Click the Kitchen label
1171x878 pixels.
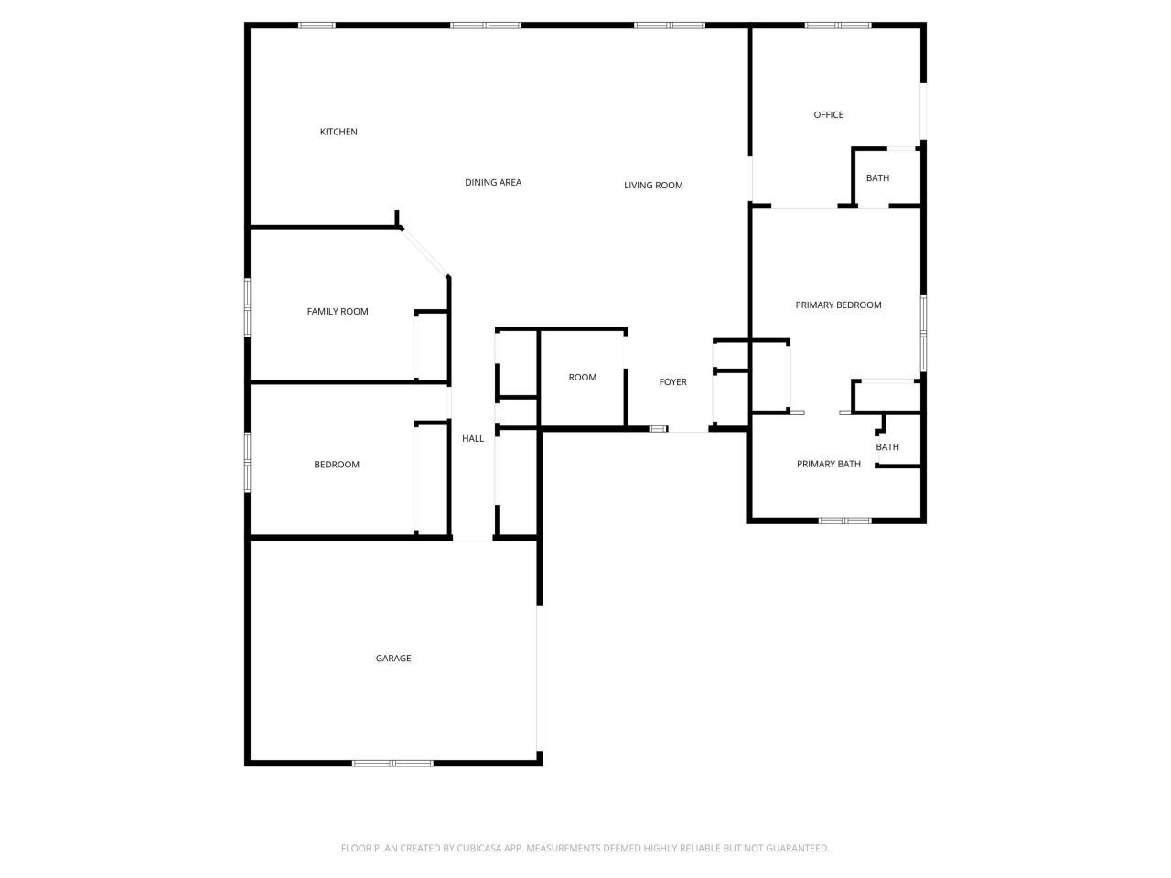tap(338, 132)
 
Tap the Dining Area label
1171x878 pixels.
tap(493, 183)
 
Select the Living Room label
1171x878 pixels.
tap(653, 186)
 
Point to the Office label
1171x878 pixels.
tap(829, 115)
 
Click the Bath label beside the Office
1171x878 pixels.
tap(877, 178)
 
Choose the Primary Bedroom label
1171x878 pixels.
tap(838, 305)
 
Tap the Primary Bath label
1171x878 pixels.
tap(829, 465)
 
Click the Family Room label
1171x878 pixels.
tap(338, 312)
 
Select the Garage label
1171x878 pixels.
tap(393, 658)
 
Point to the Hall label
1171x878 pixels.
tap(473, 439)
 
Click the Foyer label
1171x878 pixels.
tap(673, 382)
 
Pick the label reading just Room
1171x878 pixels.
tap(583, 378)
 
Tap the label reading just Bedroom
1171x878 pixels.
tap(337, 465)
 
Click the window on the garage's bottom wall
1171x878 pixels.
tap(393, 763)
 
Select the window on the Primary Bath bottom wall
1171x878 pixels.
tap(845, 520)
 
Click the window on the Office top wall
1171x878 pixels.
tap(838, 26)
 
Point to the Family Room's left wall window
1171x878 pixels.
tap(247, 307)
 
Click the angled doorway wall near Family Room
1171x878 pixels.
tap(424, 252)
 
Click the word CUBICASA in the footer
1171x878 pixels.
tap(482, 849)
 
